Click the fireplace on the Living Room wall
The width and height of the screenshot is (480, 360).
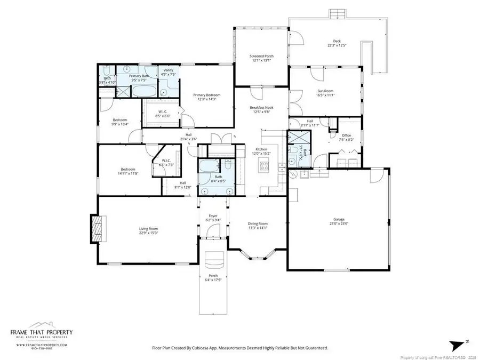pos(97,229)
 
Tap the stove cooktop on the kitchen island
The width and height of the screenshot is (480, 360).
pos(264,167)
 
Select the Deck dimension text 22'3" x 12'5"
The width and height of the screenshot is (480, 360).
pos(337,45)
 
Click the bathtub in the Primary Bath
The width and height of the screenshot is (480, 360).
pos(142,91)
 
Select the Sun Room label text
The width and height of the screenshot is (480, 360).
pos(325,91)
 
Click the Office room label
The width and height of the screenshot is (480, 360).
pos(346,135)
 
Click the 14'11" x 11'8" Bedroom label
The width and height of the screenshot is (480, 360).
pos(113,170)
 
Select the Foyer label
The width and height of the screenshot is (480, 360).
pos(213,215)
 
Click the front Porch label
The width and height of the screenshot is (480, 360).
pos(213,276)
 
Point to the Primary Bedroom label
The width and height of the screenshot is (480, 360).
pos(206,95)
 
